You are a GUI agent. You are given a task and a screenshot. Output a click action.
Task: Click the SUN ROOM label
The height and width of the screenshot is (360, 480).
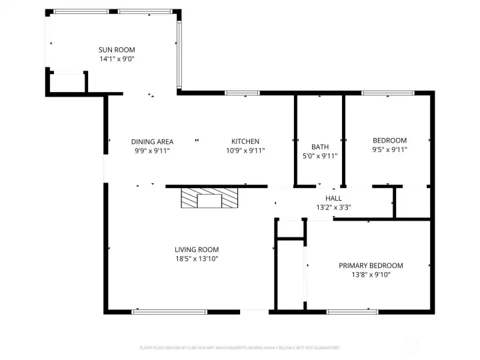pyautogui.click(x=117, y=50)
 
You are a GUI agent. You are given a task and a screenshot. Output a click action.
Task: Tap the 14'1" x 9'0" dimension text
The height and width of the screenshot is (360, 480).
pyautogui.click(x=117, y=59)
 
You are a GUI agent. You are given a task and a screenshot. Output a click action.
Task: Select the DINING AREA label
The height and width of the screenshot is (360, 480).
pyautogui.click(x=152, y=141)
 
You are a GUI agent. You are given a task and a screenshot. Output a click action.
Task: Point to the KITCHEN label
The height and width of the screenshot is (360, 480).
pyautogui.click(x=245, y=141)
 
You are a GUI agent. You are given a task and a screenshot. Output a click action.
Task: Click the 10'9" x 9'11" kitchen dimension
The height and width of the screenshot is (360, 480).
pyautogui.click(x=245, y=151)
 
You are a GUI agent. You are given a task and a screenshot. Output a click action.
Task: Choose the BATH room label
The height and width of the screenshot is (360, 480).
pyautogui.click(x=320, y=147)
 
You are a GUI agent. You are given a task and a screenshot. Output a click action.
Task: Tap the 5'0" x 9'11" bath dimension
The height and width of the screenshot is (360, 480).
pyautogui.click(x=320, y=156)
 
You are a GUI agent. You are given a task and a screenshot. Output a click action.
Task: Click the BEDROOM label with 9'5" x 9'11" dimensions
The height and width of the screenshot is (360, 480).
pyautogui.click(x=389, y=141)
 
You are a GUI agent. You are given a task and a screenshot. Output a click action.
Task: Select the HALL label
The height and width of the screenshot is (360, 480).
pyautogui.click(x=333, y=199)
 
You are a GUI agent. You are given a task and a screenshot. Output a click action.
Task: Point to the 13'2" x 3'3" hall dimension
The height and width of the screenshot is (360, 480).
pyautogui.click(x=333, y=207)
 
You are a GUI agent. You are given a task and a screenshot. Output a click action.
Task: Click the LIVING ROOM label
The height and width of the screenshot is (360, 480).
pyautogui.click(x=197, y=250)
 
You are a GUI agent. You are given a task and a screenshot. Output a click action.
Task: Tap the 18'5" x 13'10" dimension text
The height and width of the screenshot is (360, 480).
pyautogui.click(x=197, y=259)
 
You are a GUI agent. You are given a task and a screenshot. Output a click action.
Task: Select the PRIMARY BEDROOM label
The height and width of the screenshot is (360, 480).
pyautogui.click(x=371, y=265)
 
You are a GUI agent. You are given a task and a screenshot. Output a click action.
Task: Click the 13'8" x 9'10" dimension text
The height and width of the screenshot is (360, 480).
pyautogui.click(x=371, y=274)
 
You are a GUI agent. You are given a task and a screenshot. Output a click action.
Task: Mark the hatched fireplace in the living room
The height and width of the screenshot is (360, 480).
pyautogui.click(x=210, y=199)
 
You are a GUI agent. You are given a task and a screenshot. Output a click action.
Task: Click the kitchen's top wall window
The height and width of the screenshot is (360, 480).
pyautogui.click(x=243, y=93)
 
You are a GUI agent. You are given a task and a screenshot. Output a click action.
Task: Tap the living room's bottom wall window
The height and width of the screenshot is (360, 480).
pyautogui.click(x=169, y=311)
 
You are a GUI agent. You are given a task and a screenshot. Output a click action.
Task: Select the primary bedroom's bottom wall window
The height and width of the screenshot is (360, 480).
pyautogui.click(x=352, y=311)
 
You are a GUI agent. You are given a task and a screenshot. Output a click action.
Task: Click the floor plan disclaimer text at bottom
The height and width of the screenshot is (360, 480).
pyautogui.click(x=240, y=347)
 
